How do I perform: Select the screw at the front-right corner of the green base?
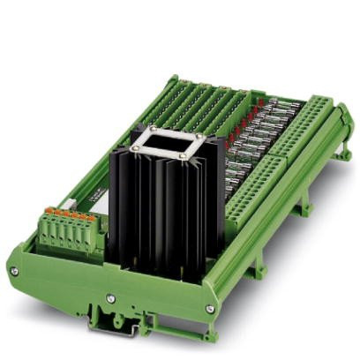209,309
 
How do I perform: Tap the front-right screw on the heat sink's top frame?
183,156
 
